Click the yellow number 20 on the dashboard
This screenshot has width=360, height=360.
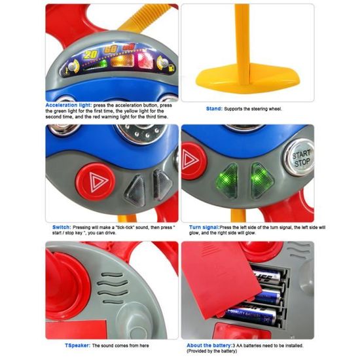[x=92, y=53]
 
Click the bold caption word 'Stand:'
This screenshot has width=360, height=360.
[x=214, y=109]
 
